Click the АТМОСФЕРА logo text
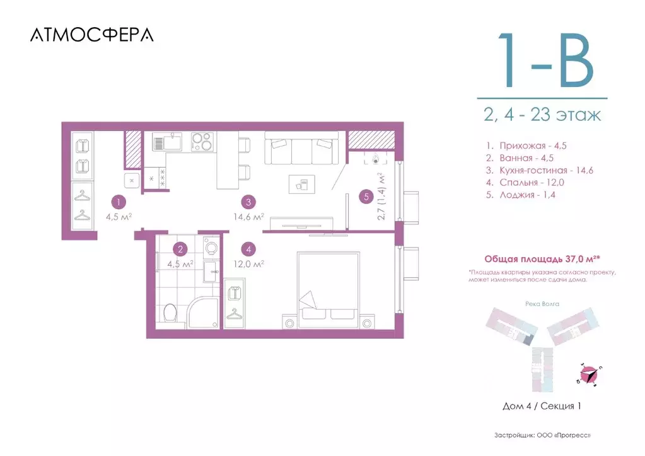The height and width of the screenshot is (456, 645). [91, 35]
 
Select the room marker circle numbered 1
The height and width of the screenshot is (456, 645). [119, 202]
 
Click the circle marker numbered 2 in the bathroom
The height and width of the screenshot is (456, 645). [180, 249]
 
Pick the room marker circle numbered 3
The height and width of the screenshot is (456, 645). [248, 202]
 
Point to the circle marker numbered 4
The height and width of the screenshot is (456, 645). [248, 249]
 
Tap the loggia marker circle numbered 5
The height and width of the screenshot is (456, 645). [366, 197]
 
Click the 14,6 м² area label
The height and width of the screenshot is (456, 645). [248, 217]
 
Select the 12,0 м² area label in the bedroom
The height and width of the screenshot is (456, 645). [248, 263]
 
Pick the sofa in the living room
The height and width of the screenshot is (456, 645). [301, 148]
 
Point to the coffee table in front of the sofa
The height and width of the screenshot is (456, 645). [302, 184]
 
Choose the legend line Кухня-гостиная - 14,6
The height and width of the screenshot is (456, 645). [539, 170]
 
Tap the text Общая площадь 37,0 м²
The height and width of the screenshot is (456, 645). [542, 259]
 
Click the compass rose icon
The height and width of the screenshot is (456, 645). [589, 375]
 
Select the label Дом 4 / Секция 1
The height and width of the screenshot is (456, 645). [542, 406]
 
